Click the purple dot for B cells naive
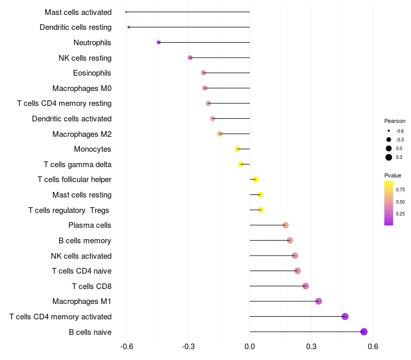[x=364, y=332]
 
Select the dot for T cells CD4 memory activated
[x=345, y=316]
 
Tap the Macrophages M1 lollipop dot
[x=319, y=301]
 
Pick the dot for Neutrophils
[x=159, y=42]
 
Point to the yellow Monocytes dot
[x=237, y=149]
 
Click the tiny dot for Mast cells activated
[x=126, y=12]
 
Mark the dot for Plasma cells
[x=286, y=225]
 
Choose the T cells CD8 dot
[x=306, y=286]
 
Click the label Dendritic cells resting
[x=76, y=27]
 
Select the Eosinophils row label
[x=92, y=73]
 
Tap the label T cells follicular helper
[x=74, y=179]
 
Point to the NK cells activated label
[x=81, y=256]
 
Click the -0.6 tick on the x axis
[x=126, y=347]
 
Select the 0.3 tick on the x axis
[x=311, y=347]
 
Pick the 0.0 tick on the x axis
[x=250, y=347]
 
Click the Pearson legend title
[x=395, y=121]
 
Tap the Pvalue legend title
[x=393, y=175]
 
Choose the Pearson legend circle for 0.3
[x=389, y=157]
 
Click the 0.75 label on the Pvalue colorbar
[x=401, y=189]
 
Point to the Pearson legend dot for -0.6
[x=389, y=131]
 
